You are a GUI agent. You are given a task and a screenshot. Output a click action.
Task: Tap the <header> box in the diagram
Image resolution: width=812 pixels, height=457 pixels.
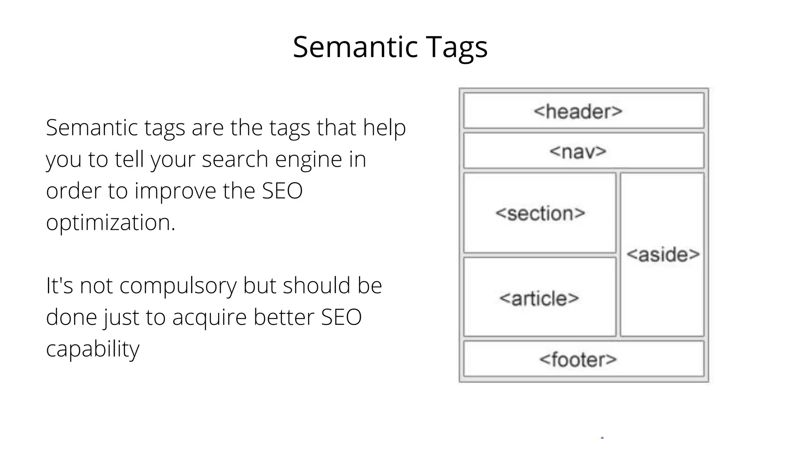click(584, 111)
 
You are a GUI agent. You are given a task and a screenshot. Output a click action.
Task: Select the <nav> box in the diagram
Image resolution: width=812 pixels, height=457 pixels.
click(584, 151)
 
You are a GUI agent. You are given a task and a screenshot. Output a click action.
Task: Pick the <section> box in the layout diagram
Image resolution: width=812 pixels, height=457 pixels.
click(540, 213)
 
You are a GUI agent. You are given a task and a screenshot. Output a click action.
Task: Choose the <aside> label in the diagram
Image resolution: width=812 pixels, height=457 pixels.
click(663, 254)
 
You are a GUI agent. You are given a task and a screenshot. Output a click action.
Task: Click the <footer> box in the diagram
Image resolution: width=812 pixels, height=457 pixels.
click(584, 359)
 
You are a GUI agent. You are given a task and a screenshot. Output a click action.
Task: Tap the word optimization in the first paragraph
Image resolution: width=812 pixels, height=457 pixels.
click(110, 223)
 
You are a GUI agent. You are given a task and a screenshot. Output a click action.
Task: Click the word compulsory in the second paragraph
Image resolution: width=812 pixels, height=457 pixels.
click(178, 286)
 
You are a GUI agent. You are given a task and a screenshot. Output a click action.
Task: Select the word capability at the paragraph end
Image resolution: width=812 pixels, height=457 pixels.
click(92, 349)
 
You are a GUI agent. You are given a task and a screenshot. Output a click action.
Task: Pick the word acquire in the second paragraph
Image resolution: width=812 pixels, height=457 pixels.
click(209, 318)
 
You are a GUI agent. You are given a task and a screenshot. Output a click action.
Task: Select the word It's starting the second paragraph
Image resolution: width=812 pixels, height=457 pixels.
click(59, 286)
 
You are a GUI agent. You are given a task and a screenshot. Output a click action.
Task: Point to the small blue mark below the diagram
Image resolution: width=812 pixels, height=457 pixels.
click(602, 438)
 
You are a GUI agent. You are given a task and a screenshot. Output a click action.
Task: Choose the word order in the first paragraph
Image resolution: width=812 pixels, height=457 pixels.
click(74, 191)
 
